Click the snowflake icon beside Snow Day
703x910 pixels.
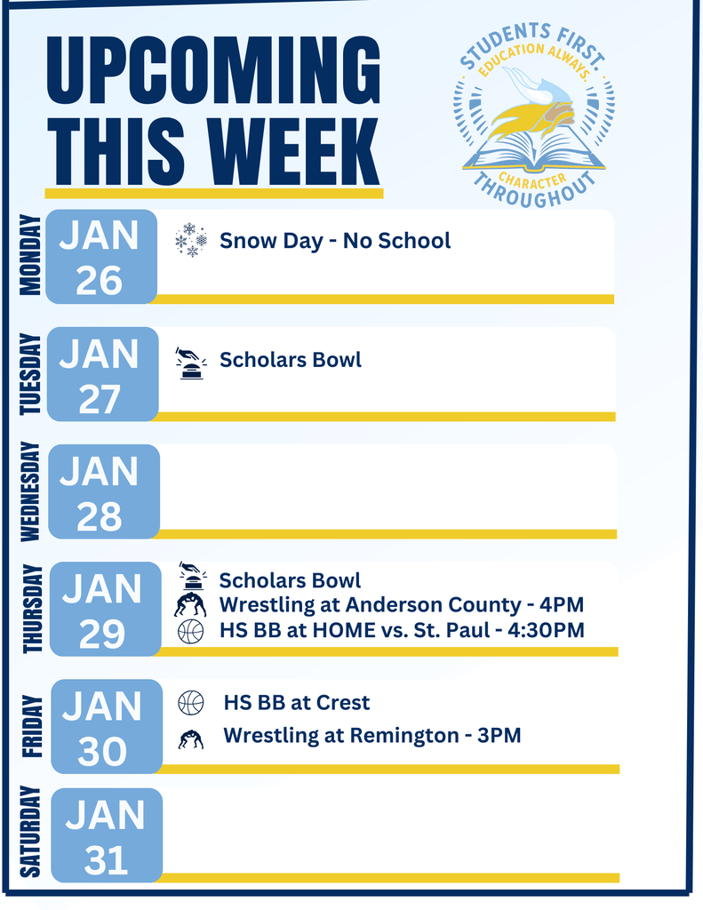191,240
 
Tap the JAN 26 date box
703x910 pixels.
100,257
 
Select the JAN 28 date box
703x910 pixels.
103,492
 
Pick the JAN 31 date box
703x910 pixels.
106,835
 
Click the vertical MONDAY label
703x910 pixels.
29,255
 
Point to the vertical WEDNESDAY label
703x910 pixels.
29,491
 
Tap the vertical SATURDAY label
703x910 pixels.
30,832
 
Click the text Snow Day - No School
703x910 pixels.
335,240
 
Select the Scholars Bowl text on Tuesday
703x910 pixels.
291,360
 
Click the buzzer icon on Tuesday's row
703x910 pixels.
190,363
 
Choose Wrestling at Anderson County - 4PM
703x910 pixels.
401,605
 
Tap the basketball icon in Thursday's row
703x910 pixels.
190,632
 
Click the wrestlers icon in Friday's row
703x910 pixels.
190,738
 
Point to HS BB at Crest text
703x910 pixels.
296,703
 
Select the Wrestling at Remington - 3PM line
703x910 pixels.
371,736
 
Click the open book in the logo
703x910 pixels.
533,151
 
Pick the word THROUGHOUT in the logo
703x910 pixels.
533,189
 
